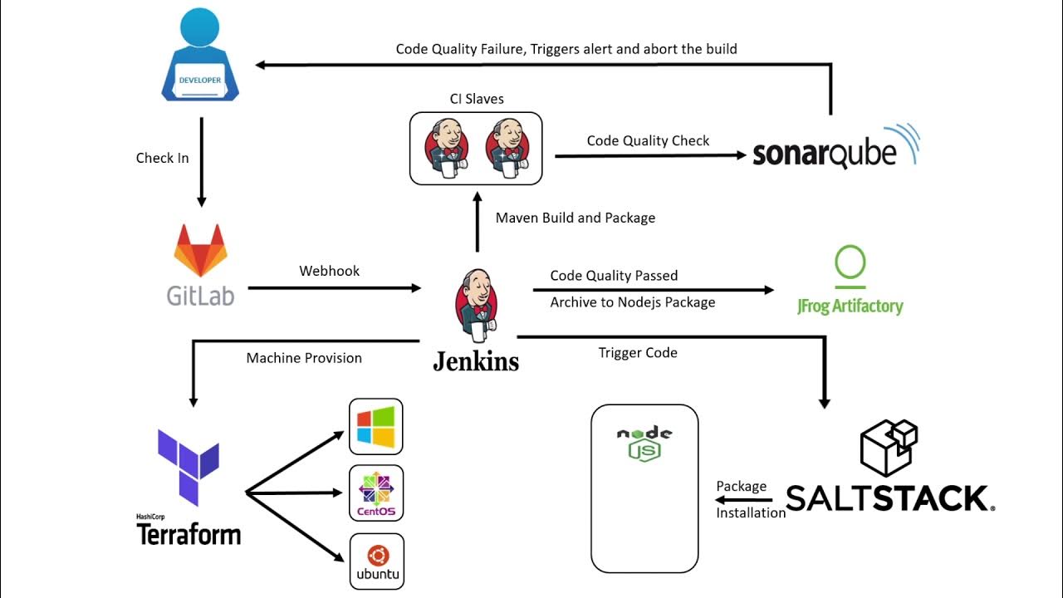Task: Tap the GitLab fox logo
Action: coord(200,250)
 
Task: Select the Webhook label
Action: coord(330,271)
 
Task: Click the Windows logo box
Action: coord(376,426)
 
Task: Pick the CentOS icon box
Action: coord(376,493)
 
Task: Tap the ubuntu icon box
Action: coord(376,561)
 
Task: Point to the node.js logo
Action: coord(644,444)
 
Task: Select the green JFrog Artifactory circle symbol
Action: coord(850,264)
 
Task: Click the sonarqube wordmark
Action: coord(824,154)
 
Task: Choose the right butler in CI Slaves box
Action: coord(506,149)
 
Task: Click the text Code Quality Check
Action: coord(648,140)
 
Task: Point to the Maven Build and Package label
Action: coord(576,218)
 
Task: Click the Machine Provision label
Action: coord(304,358)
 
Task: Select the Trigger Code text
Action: coord(638,353)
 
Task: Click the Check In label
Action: coord(162,158)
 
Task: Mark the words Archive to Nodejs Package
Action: coord(633,302)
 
